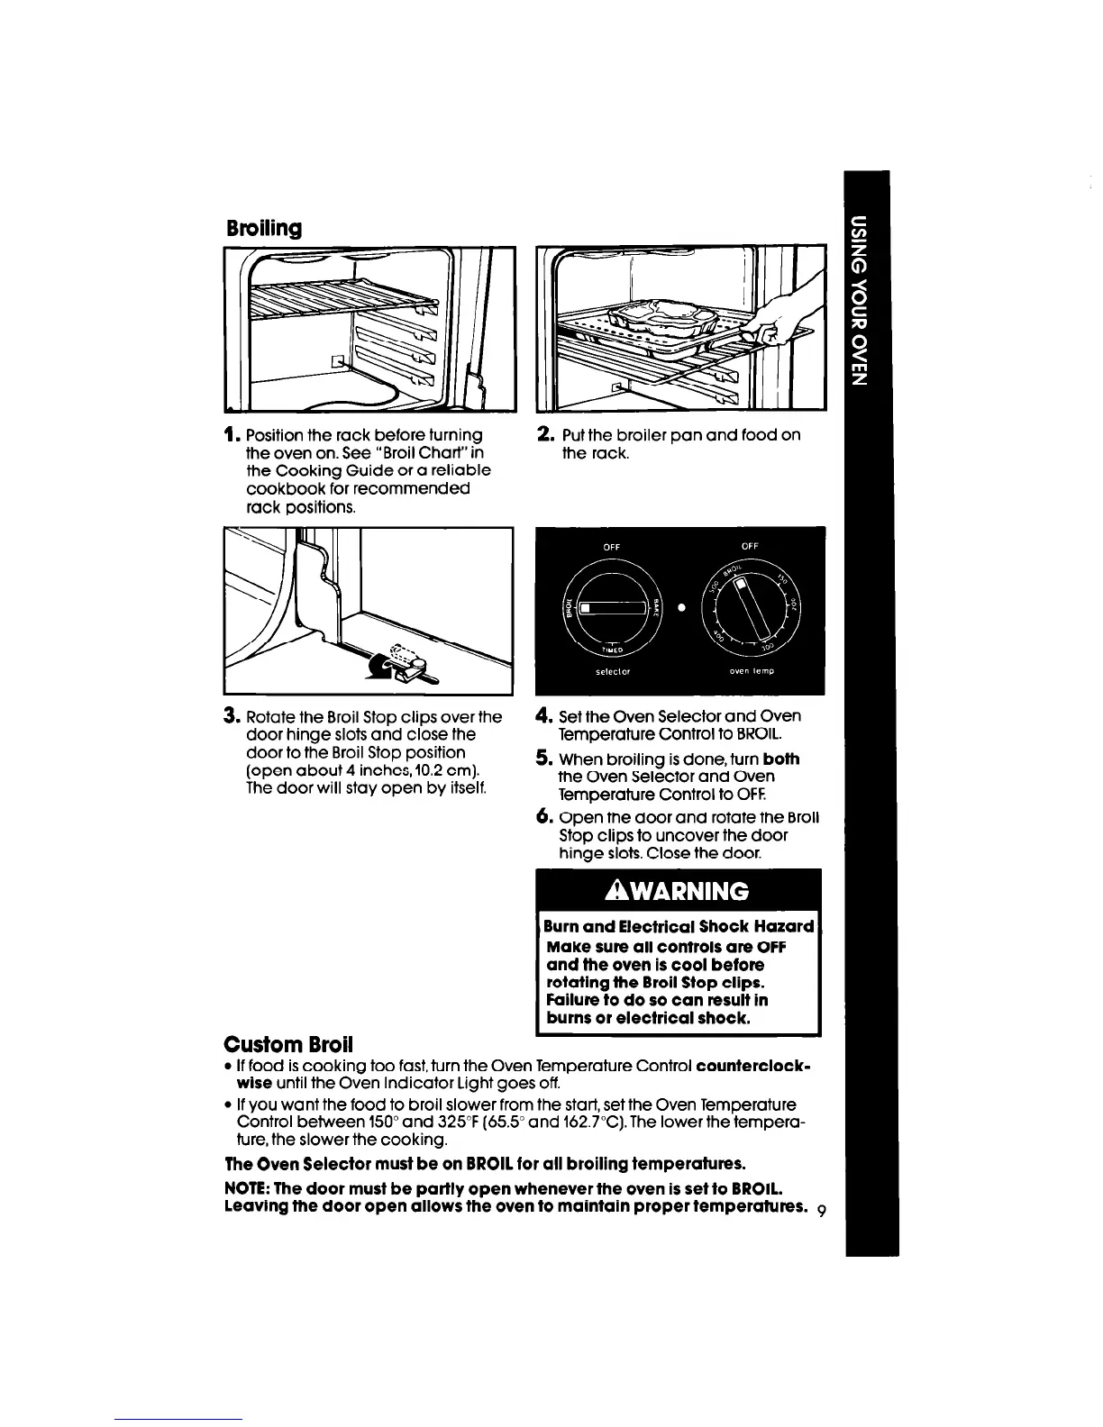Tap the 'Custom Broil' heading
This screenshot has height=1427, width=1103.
(x=288, y=1044)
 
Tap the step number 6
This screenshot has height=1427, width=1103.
(x=542, y=817)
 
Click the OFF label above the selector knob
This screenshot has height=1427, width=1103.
(x=612, y=546)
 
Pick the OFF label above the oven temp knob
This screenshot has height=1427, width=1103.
(x=750, y=546)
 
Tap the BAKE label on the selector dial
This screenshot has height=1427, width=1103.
(x=657, y=608)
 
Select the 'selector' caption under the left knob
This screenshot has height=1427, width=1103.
(x=612, y=672)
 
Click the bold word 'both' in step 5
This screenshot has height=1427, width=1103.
(x=780, y=759)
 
